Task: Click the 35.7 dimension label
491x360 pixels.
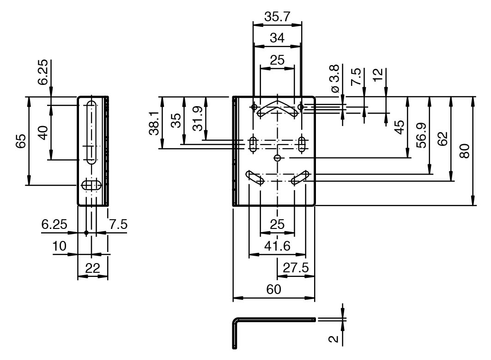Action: [277, 17]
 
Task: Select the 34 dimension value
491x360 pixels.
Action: [277, 38]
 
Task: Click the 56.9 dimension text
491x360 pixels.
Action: [421, 135]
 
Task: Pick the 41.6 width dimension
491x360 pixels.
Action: [277, 246]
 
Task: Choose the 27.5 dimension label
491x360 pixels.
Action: [296, 268]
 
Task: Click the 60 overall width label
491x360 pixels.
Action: [273, 289]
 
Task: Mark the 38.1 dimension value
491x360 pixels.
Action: [154, 123]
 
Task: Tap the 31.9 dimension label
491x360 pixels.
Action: [197, 119]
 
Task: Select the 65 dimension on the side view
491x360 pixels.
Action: [21, 141]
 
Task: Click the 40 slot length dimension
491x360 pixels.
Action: [43, 132]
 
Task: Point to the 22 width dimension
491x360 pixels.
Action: [92, 269]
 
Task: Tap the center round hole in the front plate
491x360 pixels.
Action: [277, 158]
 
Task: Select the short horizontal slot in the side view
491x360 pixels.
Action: [91, 185]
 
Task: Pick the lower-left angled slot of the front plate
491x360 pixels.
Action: [255, 178]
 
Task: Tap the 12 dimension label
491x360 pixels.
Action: [378, 74]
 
